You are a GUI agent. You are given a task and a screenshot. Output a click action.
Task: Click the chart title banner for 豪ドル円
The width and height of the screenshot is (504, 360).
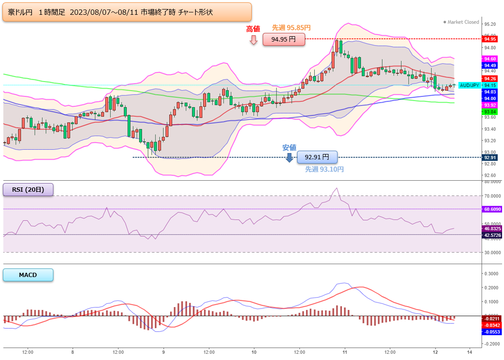(127, 12)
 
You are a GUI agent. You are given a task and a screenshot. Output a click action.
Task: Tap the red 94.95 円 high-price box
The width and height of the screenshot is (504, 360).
(284, 39)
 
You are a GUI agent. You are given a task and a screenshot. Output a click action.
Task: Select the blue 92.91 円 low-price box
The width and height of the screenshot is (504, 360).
(317, 157)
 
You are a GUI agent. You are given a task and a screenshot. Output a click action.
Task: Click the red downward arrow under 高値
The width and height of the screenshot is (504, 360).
(254, 40)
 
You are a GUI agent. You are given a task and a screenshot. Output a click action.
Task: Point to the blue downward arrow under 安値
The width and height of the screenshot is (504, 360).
(289, 157)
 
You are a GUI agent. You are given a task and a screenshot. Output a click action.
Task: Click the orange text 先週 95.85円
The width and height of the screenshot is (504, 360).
(291, 28)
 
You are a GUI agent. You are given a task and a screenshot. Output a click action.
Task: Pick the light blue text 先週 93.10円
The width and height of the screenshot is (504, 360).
(324, 169)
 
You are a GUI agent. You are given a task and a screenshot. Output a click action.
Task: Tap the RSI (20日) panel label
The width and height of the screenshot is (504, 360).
(28, 189)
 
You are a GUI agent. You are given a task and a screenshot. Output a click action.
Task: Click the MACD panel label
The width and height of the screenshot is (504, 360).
(28, 275)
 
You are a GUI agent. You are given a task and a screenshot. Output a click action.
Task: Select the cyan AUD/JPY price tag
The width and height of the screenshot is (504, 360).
(470, 85)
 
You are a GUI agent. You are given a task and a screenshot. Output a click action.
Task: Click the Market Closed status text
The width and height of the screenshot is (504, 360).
(461, 22)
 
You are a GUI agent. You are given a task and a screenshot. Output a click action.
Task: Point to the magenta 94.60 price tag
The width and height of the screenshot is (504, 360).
(490, 59)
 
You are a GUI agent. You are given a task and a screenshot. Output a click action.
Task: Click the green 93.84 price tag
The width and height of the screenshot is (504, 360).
(490, 112)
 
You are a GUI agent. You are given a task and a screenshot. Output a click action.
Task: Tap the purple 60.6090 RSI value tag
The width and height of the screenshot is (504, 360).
(492, 209)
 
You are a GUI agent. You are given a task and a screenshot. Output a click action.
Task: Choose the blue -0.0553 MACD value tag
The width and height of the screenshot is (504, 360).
(492, 332)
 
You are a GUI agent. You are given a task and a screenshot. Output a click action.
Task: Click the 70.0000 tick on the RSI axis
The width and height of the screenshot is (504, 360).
(493, 196)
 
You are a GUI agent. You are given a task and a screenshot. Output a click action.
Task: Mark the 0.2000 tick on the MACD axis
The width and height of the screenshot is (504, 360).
(491, 288)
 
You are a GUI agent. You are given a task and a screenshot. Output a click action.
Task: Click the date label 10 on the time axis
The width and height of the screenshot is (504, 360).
(254, 352)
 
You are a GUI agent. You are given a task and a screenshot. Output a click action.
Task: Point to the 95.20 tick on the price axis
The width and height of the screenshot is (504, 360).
(490, 24)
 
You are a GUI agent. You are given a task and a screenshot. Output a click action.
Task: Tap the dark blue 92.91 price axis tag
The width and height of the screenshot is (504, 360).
(490, 157)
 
